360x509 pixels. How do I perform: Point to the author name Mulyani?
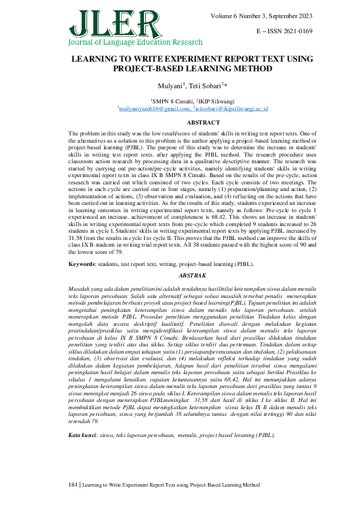coord(166,86)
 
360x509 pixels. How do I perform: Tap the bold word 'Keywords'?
coord(82,264)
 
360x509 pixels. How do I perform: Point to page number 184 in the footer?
coord(73,485)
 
